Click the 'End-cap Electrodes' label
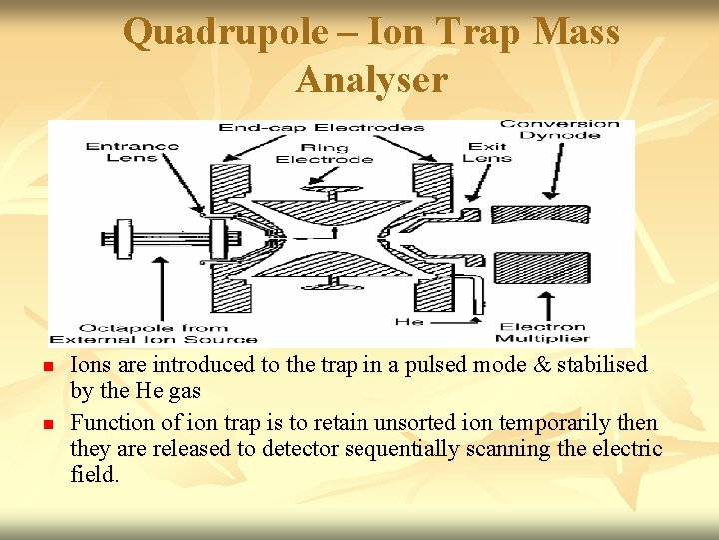(x=321, y=127)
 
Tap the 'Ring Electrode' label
(x=324, y=153)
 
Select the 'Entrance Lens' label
(x=132, y=153)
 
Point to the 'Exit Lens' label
(x=488, y=152)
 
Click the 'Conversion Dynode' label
(x=559, y=131)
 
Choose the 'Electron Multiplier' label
(x=543, y=332)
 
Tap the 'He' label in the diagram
(x=410, y=322)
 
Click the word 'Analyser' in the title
(x=371, y=79)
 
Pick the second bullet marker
(x=48, y=425)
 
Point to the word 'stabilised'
(x=602, y=365)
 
